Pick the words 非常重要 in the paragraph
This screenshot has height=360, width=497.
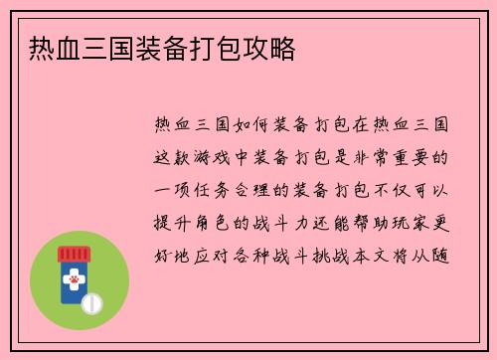(392, 156)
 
